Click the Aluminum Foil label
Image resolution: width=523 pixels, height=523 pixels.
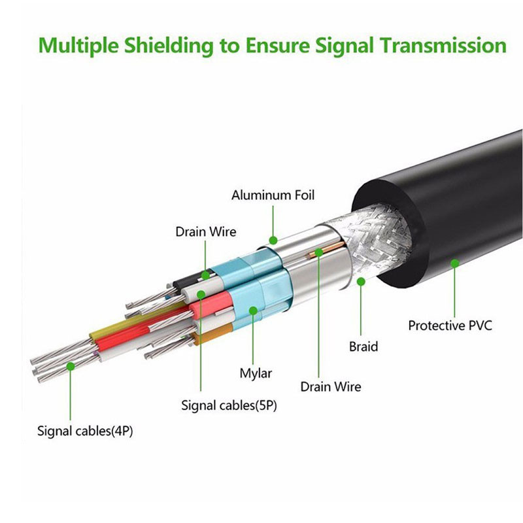pos(273,195)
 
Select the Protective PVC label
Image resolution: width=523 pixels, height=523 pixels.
pos(450,325)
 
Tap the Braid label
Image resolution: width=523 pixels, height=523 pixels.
pos(363,346)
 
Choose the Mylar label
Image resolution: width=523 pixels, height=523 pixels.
pos(256,373)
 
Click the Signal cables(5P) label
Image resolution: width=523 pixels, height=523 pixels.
pos(229,405)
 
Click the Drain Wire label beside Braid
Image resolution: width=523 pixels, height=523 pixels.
pos(331,386)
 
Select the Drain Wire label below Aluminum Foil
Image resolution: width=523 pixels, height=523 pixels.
pos(205,231)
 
